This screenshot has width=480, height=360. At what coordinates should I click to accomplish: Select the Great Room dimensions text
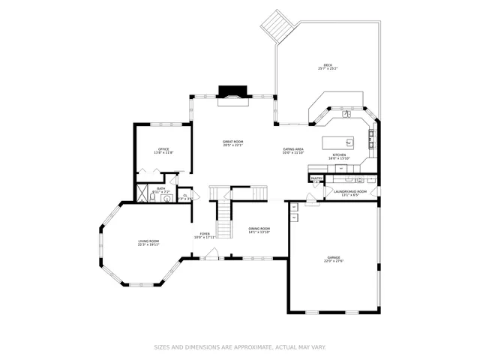coord(233,145)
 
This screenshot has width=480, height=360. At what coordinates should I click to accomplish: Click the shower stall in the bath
coord(142,193)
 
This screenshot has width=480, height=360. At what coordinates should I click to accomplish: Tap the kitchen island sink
coord(349,141)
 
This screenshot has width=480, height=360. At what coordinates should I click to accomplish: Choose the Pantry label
coord(316,178)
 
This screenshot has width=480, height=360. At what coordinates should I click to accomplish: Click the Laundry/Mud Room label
coord(350,191)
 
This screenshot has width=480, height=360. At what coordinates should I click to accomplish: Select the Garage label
coord(333,257)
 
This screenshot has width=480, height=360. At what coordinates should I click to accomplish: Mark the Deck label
coord(327,65)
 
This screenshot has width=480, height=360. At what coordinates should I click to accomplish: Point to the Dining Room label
coord(259,228)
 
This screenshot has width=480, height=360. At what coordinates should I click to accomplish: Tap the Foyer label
coord(204,233)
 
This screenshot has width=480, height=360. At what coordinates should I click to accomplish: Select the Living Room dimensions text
coord(148,244)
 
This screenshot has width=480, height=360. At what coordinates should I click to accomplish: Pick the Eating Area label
coord(293,149)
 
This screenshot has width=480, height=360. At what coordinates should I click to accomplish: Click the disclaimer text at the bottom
coord(240,347)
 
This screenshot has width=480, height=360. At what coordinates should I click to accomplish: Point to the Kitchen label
coord(339,154)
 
